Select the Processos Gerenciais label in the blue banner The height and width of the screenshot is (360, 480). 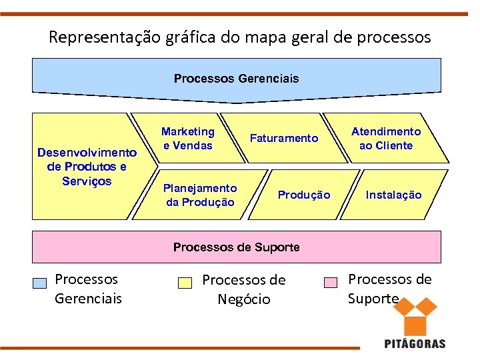coord(236,79)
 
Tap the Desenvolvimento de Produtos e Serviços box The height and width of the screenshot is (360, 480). coord(87,166)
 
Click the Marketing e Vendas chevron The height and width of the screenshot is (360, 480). coord(187,139)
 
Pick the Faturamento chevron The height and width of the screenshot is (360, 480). coord(284,139)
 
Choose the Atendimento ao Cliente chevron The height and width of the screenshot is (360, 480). coord(386,139)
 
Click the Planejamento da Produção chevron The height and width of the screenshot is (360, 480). coord(199,195)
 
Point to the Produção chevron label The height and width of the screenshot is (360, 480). coord(303,195)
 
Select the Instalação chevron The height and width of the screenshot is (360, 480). coord(393,195)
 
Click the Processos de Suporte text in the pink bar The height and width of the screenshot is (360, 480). coord(236,247)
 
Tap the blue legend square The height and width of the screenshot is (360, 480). coord(40,283)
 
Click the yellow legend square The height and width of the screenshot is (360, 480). coord(185,283)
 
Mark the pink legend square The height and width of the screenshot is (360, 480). coord(331,283)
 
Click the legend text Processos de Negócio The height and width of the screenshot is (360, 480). coord(243,289)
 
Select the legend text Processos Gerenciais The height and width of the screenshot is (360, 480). coord(88,288)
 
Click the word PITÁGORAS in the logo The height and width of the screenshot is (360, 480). coord(415,344)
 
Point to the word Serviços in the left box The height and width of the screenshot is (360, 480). coord(87,181)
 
